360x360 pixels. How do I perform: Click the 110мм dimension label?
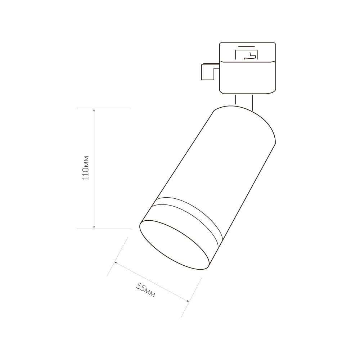86,168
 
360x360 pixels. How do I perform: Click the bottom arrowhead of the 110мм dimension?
94,226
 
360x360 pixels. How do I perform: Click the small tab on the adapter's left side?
208,72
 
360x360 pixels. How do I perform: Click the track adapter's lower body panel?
248,77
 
